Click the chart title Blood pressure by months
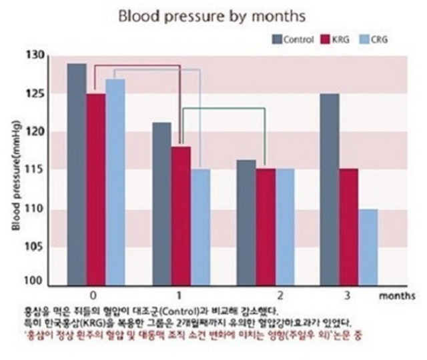[x=212, y=15]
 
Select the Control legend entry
[x=293, y=39]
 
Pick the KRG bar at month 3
[x=349, y=227]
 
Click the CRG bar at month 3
[x=368, y=247]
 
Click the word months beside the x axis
[x=399, y=294]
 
